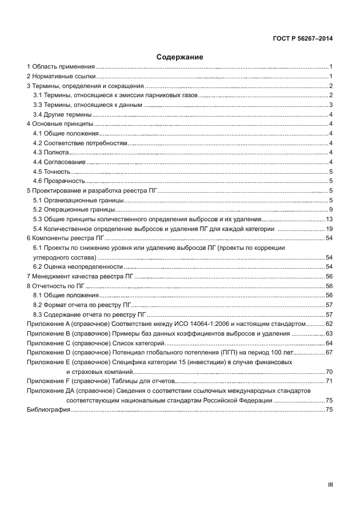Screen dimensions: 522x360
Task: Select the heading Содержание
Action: (x=179, y=57)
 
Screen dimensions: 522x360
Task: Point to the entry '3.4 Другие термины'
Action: (x=59, y=114)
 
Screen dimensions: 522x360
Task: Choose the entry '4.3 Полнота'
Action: (x=50, y=153)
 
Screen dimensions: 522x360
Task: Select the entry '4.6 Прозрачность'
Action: (x=59, y=181)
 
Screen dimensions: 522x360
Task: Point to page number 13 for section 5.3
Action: (x=329, y=219)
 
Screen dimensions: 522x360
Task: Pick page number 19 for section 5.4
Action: (x=329, y=229)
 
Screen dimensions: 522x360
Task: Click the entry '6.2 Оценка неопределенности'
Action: (x=78, y=266)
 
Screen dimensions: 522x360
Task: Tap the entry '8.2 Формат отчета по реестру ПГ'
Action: (x=82, y=305)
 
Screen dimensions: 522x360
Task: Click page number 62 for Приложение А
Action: (x=329, y=324)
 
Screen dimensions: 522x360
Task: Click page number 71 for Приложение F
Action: (x=329, y=381)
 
